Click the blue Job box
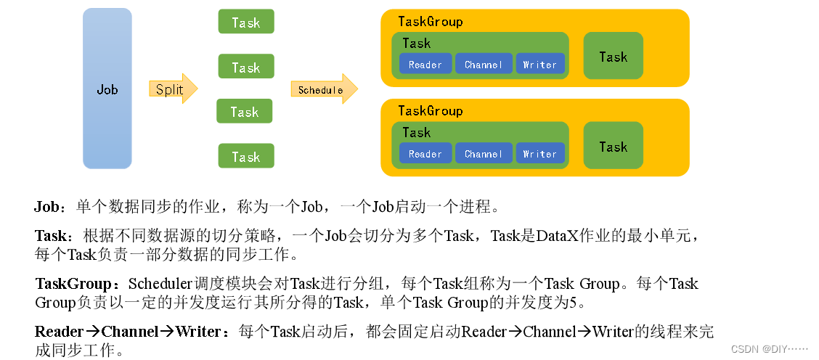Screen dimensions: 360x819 click(107, 89)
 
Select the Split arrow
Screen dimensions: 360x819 click(172, 89)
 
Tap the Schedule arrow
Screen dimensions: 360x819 click(323, 89)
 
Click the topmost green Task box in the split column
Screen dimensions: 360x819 click(246, 22)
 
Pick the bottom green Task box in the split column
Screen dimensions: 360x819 click(246, 156)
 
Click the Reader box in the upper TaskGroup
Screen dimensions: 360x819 click(425, 65)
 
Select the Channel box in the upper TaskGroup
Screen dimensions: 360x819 click(484, 65)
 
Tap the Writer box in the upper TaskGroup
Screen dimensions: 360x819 click(539, 65)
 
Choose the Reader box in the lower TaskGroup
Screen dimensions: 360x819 click(425, 154)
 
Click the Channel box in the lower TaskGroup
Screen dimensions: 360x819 click(484, 154)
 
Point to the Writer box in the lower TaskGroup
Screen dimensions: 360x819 click(539, 154)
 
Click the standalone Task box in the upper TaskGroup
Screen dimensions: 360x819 click(613, 57)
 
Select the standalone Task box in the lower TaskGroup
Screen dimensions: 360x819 click(613, 146)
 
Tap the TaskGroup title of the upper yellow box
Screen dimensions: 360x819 click(430, 22)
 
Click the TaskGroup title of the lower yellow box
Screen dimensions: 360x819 click(430, 111)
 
